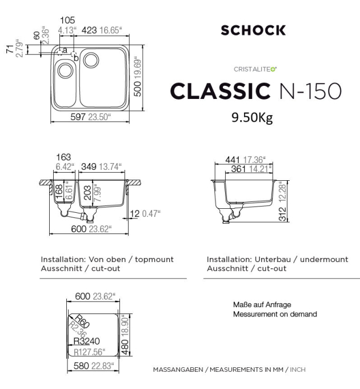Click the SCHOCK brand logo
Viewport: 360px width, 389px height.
click(253, 30)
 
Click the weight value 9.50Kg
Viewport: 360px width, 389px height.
click(252, 118)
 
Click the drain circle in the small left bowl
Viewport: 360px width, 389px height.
click(65, 71)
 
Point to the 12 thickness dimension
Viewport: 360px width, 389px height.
click(134, 213)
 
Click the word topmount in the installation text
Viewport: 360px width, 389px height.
click(154, 259)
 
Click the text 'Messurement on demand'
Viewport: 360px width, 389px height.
click(275, 314)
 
